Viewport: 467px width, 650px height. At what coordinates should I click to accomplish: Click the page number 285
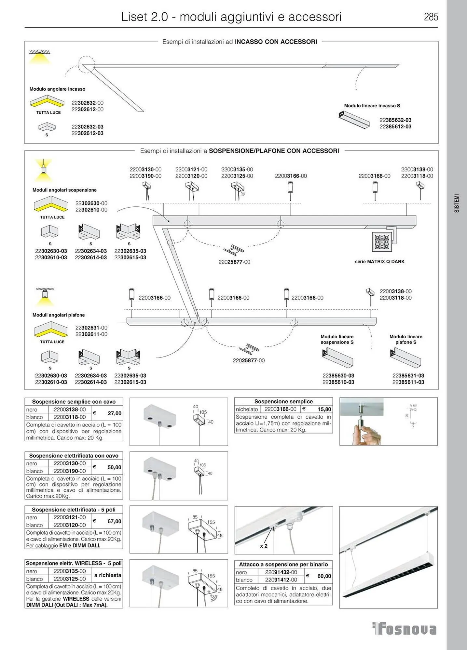click(x=431, y=17)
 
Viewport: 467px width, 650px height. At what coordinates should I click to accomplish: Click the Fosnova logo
click(x=404, y=629)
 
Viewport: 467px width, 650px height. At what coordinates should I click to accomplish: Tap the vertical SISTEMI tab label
click(x=457, y=203)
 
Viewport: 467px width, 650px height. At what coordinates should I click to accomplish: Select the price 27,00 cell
click(x=114, y=413)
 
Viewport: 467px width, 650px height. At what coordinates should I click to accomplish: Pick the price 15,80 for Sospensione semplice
click(x=324, y=409)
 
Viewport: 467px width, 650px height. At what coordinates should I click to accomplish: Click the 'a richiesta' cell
click(x=107, y=575)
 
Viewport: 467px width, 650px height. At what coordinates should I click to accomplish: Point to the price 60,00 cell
click(x=324, y=576)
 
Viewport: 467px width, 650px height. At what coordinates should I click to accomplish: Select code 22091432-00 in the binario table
click(x=281, y=572)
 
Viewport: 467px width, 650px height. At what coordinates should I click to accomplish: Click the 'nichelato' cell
click(x=247, y=409)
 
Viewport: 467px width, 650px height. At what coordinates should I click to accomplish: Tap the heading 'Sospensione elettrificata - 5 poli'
click(x=74, y=510)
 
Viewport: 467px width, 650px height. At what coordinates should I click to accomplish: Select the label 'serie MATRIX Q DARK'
click(x=379, y=262)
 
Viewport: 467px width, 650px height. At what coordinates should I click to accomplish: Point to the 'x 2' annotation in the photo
click(x=264, y=546)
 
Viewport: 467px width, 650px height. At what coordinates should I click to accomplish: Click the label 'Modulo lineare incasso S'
click(x=372, y=106)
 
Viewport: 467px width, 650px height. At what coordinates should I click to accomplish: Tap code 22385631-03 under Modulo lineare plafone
click(x=408, y=376)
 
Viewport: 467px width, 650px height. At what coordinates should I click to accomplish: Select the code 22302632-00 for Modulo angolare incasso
click(x=87, y=103)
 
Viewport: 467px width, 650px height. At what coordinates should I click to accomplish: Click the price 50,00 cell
click(x=114, y=467)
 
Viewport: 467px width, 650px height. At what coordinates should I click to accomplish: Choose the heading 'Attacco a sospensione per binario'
click(x=283, y=565)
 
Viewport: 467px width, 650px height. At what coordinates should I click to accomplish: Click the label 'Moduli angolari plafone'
click(x=59, y=315)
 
